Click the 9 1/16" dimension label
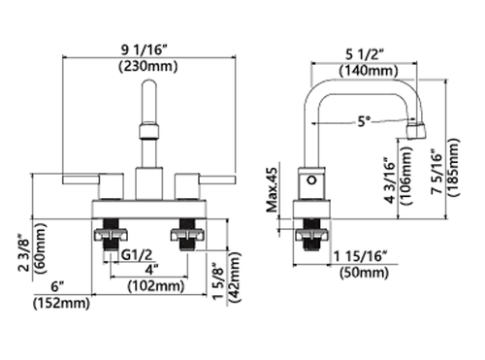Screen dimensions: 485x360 (x=145, y=50)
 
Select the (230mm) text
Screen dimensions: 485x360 (x=148, y=67)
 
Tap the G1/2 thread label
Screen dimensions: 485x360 (x=137, y=255)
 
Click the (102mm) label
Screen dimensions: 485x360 (x=156, y=286)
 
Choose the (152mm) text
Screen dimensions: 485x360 (x=61, y=303)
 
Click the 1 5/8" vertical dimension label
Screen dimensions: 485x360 (x=218, y=280)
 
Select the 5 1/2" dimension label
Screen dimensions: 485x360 (x=365, y=54)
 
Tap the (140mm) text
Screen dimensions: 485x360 (x=369, y=71)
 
